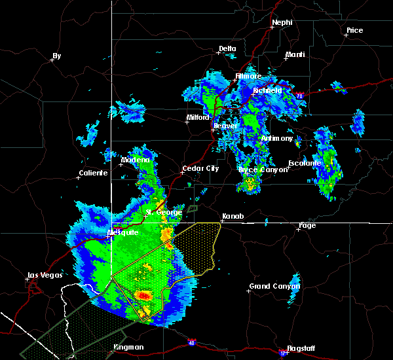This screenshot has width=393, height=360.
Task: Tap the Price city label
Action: pyautogui.click(x=354, y=30)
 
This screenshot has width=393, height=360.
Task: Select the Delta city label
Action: pyautogui.click(x=227, y=48)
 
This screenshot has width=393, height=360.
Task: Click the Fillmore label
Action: pyautogui.click(x=248, y=76)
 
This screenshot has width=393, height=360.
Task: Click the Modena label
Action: pyautogui.click(x=135, y=160)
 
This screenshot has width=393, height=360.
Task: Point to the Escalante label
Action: pyautogui.click(x=305, y=163)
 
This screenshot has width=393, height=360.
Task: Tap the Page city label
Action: pyautogui.click(x=307, y=225)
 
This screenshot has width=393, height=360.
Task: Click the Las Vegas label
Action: pyautogui.click(x=43, y=275)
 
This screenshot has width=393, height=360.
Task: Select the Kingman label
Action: pyautogui.click(x=128, y=347)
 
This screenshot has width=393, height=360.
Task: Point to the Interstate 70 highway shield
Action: pyautogui.click(x=299, y=96)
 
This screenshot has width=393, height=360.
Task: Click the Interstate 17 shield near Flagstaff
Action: pyautogui.click(x=283, y=353)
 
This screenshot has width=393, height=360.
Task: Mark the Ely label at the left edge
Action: pyautogui.click(x=56, y=56)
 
